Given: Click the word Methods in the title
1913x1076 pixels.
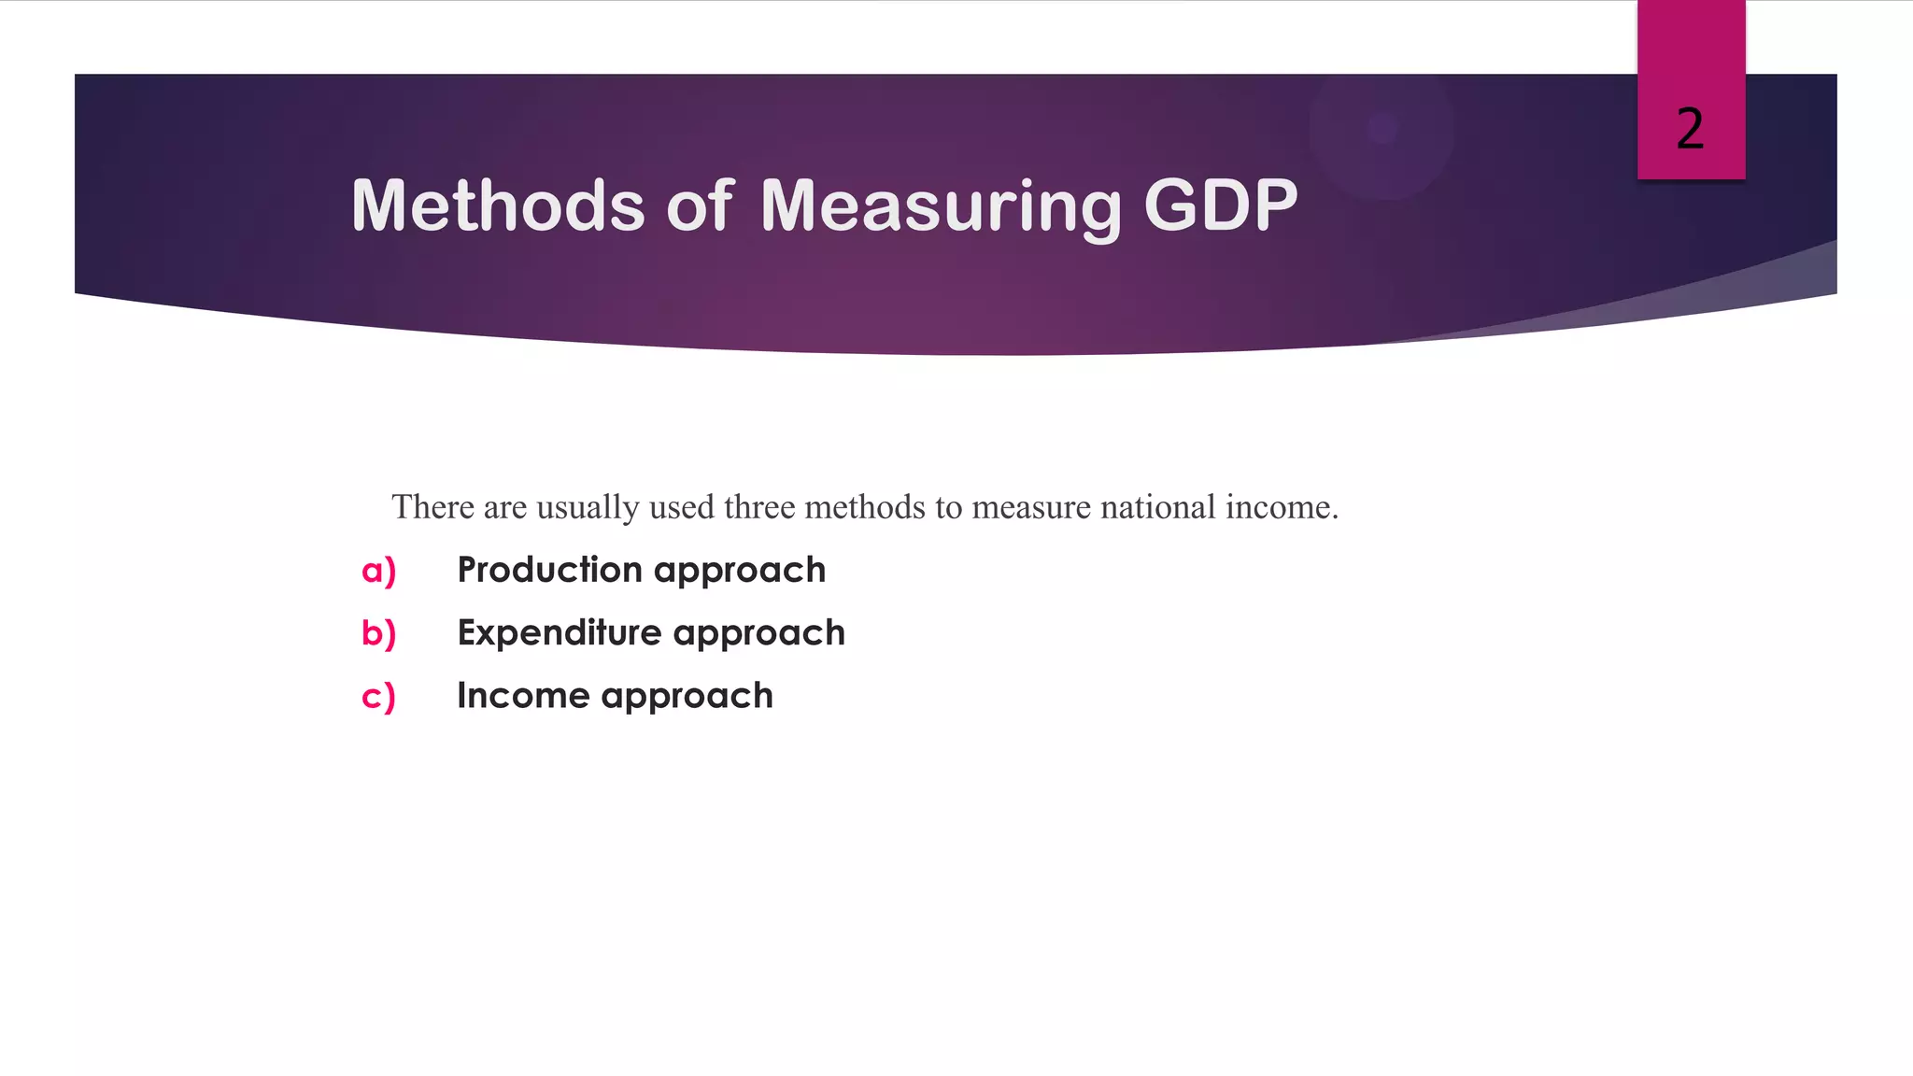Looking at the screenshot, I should tap(498, 205).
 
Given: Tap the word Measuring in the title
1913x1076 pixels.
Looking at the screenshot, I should tap(940, 205).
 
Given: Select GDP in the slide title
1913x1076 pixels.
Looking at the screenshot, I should tap(1220, 205).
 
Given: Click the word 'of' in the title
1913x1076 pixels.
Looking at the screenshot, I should tap(701, 205).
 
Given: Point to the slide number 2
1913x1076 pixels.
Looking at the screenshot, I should tap(1690, 129).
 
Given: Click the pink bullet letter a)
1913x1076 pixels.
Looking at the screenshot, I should tap(379, 571).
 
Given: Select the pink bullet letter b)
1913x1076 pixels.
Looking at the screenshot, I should tap(379, 633).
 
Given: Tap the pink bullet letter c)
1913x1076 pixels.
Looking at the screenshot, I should tap(379, 697).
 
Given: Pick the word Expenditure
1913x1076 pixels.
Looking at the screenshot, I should tap(560, 633).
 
